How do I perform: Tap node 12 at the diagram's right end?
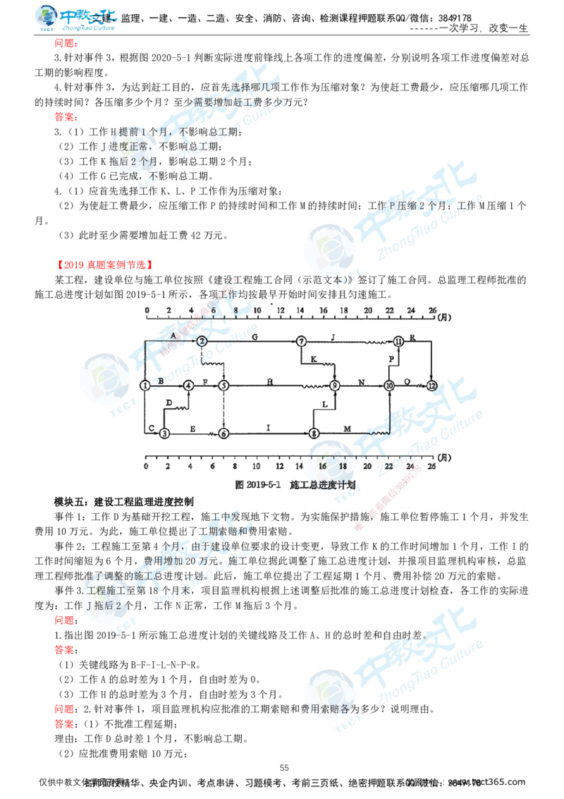coord(432,385)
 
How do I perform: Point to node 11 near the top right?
coord(398,340)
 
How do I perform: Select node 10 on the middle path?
coord(388,385)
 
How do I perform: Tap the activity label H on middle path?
coord(271,382)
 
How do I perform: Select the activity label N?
coord(361,382)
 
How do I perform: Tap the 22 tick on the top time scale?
coord(389,311)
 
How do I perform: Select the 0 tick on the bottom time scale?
coord(146,466)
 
